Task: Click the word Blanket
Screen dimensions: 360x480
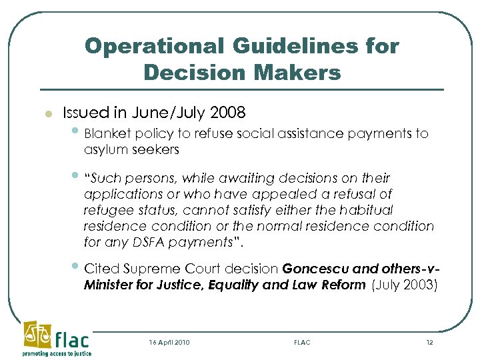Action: pos(107,133)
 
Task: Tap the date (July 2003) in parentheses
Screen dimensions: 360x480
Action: pos(405,285)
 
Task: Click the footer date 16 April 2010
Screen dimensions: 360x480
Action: pos(169,342)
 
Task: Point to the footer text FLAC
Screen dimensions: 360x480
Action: pos(302,342)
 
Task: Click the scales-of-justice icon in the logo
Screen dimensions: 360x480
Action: pos(37,334)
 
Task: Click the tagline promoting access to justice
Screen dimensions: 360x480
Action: pos(57,353)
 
